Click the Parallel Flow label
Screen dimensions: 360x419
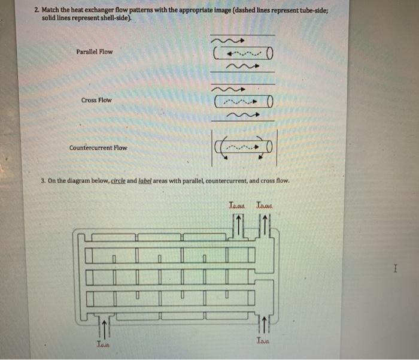[x=95, y=52]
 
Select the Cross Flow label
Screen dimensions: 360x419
[x=96, y=100]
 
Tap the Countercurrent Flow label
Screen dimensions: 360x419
[x=98, y=147]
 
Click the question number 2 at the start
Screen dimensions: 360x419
[x=37, y=11]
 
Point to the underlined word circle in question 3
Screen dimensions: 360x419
[x=118, y=180]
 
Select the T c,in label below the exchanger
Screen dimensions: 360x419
[x=104, y=343]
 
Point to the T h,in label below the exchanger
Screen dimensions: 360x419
[x=263, y=340]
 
